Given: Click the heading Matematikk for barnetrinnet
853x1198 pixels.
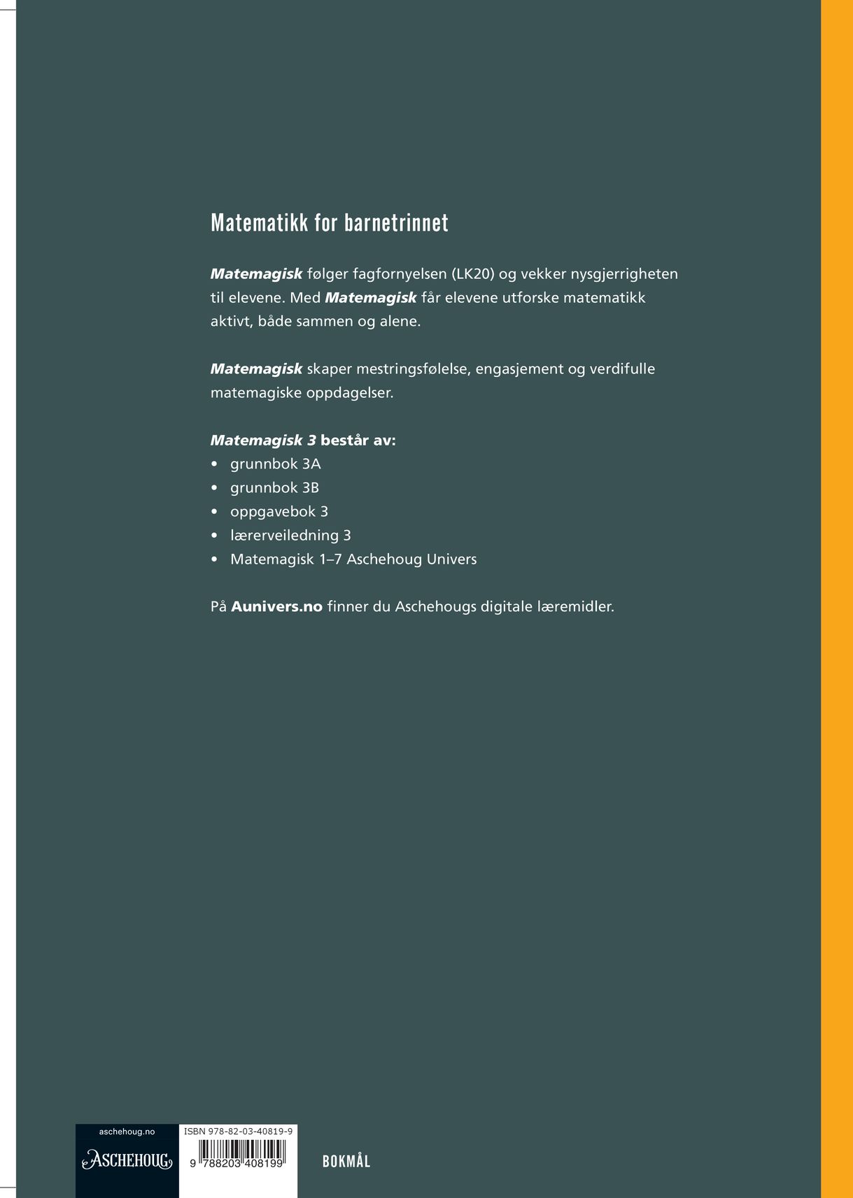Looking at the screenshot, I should pos(329,223).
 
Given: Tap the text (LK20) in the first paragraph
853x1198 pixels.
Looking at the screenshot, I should pos(472,274).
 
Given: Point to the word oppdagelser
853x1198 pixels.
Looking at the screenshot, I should pos(350,393).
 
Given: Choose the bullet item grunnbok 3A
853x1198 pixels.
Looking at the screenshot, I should pos(275,464).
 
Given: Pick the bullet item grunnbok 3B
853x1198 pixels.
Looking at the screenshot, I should pos(274,488).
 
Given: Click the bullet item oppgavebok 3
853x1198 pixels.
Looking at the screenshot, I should pos(279,512).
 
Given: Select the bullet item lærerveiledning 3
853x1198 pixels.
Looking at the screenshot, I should pos(290,536).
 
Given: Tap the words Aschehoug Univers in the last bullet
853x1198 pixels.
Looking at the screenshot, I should pos(411,559).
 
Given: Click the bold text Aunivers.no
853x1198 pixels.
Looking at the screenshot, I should pos(276,607).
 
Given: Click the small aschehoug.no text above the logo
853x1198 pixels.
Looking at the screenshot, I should pos(127,1132).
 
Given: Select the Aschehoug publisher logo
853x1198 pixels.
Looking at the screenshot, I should pos(127,1160).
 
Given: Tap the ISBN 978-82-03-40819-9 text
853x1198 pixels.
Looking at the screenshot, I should pos(238,1132).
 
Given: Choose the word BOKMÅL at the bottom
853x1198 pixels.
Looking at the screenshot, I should pos(346,1162).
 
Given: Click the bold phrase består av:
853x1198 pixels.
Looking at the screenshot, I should pos(358,441).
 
